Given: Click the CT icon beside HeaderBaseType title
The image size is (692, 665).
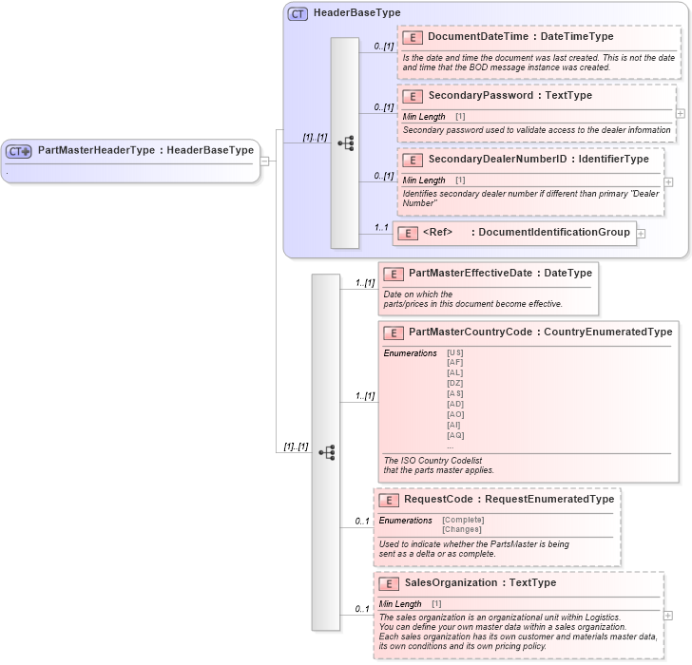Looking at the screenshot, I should point(298,13).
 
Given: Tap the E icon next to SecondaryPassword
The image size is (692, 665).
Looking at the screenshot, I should point(413,96).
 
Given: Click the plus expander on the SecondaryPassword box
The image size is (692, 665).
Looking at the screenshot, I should point(681,112).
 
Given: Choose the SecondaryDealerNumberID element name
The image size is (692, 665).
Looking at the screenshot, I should point(484,159).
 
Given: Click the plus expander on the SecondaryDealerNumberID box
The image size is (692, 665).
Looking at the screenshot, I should point(668,181).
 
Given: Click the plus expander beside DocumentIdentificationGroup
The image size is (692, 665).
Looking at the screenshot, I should point(641,233).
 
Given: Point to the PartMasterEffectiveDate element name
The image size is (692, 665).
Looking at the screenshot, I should point(471,274).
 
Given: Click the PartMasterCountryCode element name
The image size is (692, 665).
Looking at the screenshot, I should point(471,332).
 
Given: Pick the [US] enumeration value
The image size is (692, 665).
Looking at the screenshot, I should point(455,352).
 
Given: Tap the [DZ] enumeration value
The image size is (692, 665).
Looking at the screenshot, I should point(455,383).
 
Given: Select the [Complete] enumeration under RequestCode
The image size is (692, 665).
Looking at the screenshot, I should point(463,520).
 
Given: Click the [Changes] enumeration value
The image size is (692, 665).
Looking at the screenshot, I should point(462,529).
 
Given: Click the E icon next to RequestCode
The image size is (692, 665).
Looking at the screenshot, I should point(388,500).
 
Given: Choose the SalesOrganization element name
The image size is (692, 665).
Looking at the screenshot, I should point(451,582).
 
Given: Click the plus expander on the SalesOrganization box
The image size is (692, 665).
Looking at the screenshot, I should point(668,616).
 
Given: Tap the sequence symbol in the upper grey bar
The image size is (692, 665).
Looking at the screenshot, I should point(345,143).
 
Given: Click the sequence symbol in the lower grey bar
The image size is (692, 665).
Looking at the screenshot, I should point(327,452).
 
